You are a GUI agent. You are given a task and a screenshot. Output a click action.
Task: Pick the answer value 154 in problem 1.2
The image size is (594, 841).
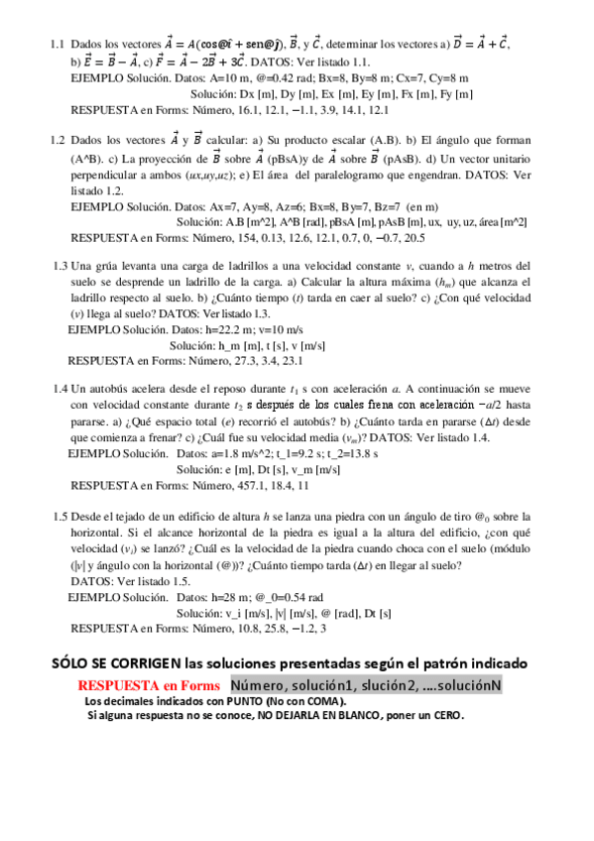point(248,238)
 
